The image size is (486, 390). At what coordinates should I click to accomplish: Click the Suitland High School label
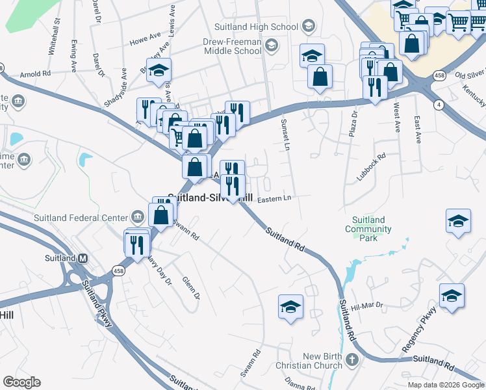tap(256, 27)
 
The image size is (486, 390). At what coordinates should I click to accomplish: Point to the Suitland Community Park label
tap(368, 224)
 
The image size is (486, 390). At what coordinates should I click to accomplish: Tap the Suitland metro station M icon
tap(83, 258)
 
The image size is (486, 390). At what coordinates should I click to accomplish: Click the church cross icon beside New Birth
tap(352, 360)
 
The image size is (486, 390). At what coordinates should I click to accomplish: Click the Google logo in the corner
tap(21, 382)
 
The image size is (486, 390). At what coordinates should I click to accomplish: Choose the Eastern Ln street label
tap(275, 199)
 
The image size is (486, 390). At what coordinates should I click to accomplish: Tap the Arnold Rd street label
tap(35, 74)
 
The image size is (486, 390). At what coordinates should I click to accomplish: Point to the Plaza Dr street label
tap(354, 123)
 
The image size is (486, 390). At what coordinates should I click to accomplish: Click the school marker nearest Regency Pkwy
tap(452, 296)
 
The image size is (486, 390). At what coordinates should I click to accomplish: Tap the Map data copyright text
tap(446, 385)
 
